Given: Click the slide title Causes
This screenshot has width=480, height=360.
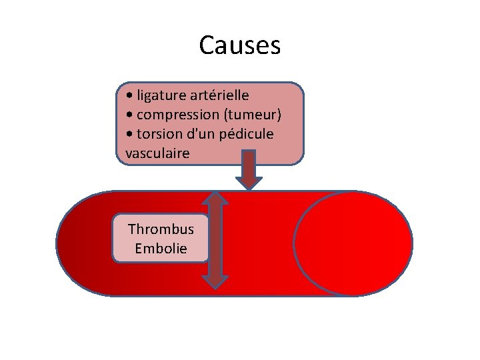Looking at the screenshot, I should (240, 46).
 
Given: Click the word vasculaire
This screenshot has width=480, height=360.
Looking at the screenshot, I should (157, 153).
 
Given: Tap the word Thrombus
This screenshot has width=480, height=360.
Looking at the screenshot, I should (161, 229).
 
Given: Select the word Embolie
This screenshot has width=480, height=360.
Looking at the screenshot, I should (161, 249).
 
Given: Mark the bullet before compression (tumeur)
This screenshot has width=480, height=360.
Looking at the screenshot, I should (130, 115).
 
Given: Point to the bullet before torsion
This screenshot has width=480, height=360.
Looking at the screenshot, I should (130, 135).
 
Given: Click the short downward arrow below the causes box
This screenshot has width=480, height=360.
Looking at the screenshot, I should (249, 169).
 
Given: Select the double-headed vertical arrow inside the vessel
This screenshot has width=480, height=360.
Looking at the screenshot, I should (215, 240).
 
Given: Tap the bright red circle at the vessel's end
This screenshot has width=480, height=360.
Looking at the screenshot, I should (353, 243).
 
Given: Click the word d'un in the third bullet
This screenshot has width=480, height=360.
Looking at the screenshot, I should (201, 134).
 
